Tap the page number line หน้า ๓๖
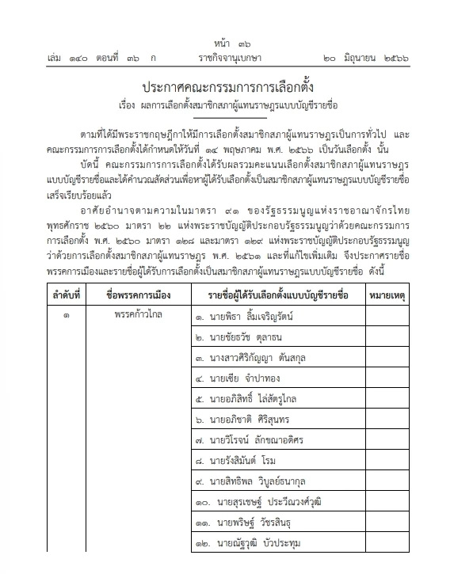click(227, 42)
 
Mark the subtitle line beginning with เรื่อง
click(227, 105)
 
